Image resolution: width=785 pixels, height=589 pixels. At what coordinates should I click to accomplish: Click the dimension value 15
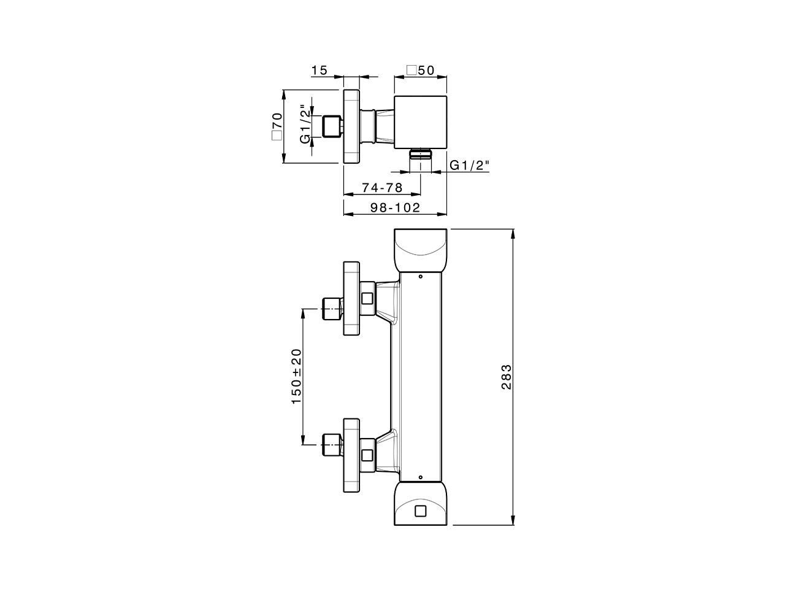click(319, 71)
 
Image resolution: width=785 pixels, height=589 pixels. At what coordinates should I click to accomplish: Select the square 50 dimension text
click(421, 71)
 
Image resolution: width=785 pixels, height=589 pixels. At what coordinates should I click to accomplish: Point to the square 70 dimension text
click(277, 127)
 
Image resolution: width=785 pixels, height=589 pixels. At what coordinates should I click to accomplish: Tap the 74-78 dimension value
click(381, 188)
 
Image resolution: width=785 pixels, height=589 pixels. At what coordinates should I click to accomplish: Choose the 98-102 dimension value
click(396, 208)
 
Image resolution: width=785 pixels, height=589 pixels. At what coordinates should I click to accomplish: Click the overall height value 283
click(506, 377)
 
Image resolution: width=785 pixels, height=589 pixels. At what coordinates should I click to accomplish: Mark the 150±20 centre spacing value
click(297, 375)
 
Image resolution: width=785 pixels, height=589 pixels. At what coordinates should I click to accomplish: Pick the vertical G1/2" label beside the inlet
click(304, 124)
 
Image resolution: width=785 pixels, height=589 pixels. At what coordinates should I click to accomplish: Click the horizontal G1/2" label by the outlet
click(469, 165)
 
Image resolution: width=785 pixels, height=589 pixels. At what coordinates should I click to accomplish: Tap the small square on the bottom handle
click(420, 511)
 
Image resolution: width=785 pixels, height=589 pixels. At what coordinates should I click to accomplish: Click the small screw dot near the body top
click(420, 277)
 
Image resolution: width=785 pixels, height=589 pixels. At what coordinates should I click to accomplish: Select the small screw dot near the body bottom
click(420, 477)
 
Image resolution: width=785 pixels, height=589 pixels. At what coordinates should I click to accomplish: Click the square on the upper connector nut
click(367, 299)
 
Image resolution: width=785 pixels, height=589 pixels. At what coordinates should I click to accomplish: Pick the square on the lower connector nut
click(367, 455)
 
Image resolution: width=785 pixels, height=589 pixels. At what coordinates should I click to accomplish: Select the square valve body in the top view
click(420, 121)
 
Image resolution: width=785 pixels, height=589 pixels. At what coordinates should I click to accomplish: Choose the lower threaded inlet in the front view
click(332, 444)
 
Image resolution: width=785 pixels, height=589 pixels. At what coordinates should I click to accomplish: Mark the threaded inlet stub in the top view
click(332, 126)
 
